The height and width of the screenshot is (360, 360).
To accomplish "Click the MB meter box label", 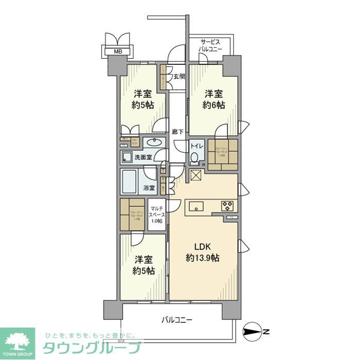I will tap(118, 51).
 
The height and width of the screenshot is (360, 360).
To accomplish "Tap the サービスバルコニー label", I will tap(211, 45).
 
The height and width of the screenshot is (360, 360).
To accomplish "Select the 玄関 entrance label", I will tap(178, 77).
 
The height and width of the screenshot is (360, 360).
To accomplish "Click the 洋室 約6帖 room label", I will tap(214, 99).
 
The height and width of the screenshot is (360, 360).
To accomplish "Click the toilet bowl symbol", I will tap(194, 157).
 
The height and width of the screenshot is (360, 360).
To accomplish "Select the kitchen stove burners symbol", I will tap(228, 206).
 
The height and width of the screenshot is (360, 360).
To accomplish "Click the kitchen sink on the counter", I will tap(197, 206).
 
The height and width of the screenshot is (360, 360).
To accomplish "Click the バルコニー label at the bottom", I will tap(176, 320).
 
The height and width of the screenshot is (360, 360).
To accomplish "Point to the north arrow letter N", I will tap(266, 332).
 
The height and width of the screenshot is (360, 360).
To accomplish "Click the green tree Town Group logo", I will tap(17, 342).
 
